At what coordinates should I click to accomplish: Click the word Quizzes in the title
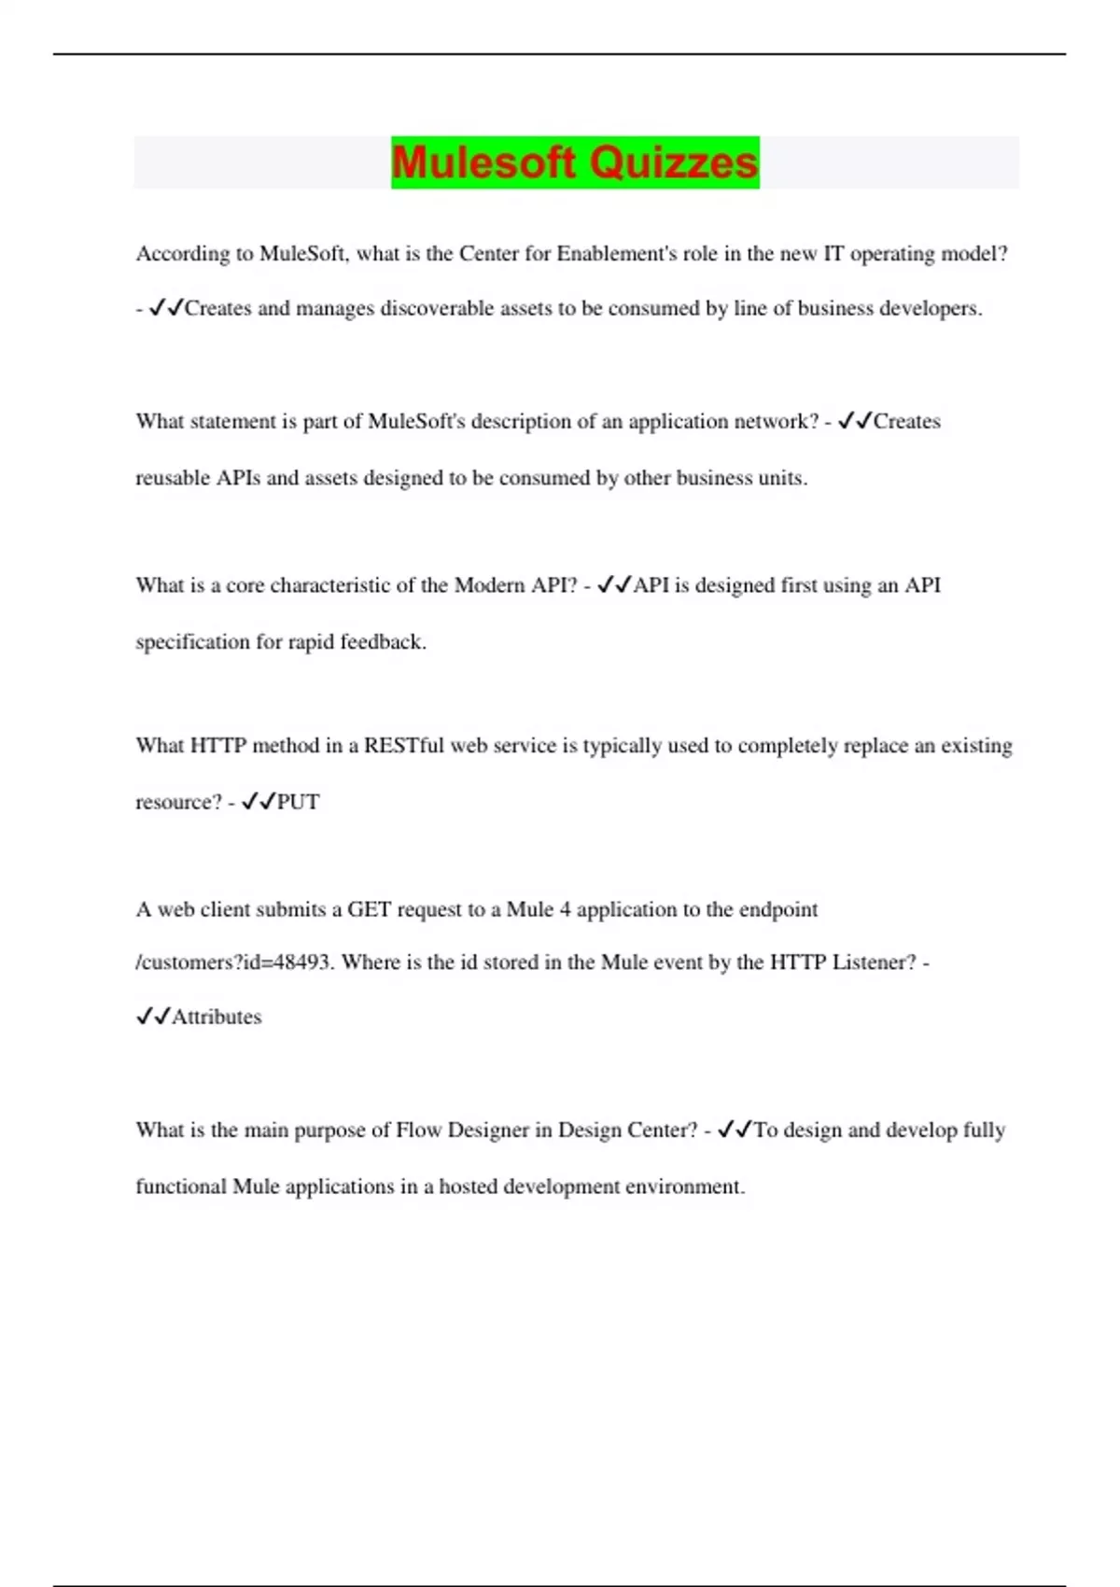[673, 162]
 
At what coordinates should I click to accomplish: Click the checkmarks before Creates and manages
[166, 308]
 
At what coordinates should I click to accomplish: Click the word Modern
[489, 585]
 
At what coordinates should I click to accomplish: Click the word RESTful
[404, 746]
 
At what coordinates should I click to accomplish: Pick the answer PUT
[299, 802]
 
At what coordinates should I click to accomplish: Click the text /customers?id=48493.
[234, 962]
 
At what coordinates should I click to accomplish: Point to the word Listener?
[875, 962]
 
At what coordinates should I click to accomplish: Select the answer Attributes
[217, 1017]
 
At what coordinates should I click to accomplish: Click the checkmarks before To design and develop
[735, 1131]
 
